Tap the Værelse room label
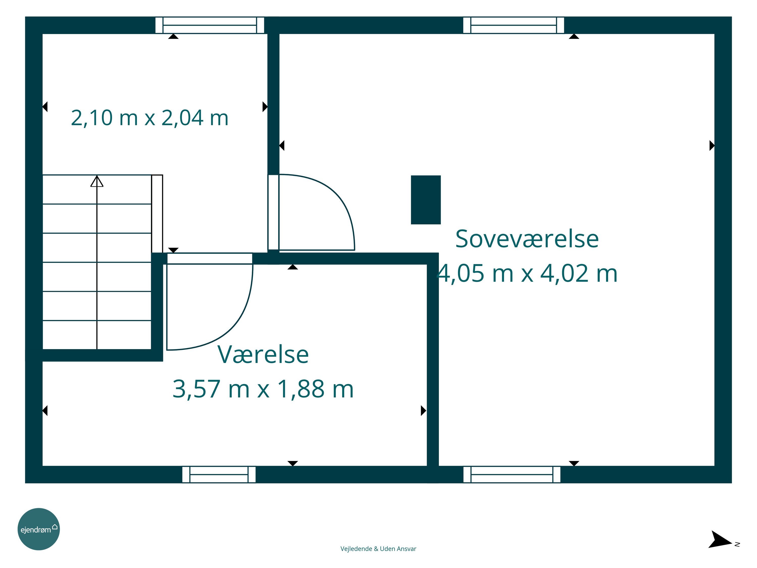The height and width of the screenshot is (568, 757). coord(263,354)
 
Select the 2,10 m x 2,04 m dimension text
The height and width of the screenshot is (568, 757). coord(150,118)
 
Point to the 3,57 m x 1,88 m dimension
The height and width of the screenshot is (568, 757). coord(263,389)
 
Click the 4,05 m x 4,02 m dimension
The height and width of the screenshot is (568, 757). coord(527,274)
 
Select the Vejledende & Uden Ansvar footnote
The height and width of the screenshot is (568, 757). coord(378,549)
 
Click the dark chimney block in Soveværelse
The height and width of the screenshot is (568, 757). coord(426,200)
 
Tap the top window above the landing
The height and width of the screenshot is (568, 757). coord(209,25)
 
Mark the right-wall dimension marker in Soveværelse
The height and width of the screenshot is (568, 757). coord(712,145)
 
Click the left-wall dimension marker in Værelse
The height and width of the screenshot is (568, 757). coord(45,410)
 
